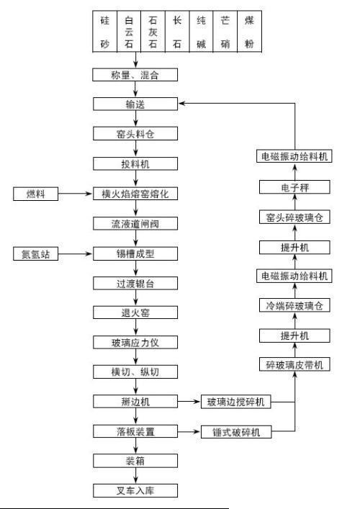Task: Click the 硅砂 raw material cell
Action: click(104, 32)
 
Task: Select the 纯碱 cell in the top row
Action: click(201, 32)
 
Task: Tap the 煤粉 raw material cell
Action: click(249, 32)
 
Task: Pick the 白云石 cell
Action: click(129, 32)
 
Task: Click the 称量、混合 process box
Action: click(135, 75)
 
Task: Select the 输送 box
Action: click(135, 104)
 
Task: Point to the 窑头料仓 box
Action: click(135, 133)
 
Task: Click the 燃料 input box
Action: click(36, 194)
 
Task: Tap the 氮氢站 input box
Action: click(36, 253)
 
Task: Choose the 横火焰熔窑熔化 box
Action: click(135, 194)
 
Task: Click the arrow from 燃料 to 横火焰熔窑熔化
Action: click(76, 194)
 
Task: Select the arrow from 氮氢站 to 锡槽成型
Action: click(76, 253)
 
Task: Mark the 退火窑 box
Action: click(135, 312)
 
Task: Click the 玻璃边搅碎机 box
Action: click(236, 402)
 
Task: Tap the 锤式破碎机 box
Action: click(236, 432)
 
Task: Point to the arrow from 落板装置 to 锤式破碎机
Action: click(189, 432)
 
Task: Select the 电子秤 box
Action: click(294, 187)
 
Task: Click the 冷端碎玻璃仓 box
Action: click(294, 305)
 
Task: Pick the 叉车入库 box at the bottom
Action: click(135, 490)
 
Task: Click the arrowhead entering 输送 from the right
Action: click(181, 104)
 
